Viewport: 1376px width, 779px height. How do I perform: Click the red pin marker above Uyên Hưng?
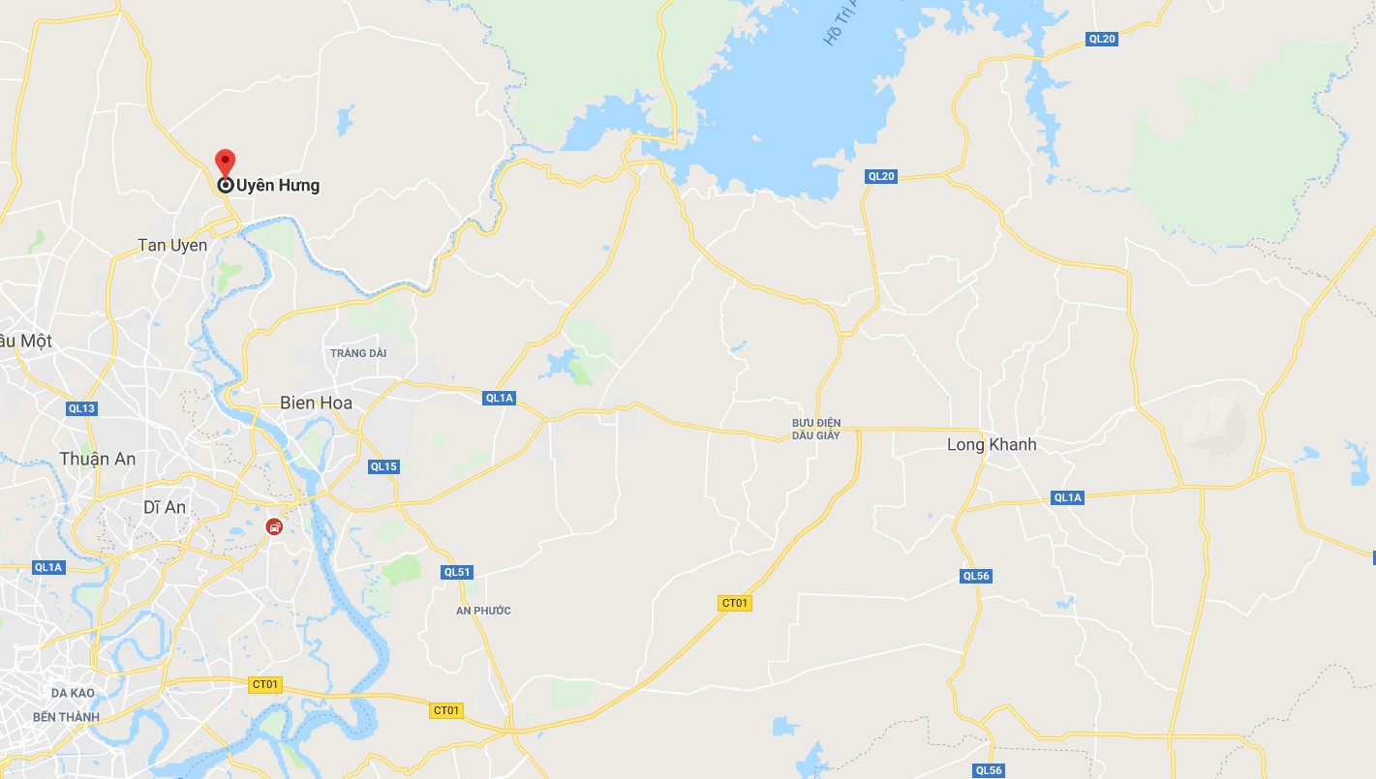(x=225, y=161)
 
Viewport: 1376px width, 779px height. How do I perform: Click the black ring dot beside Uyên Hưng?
(x=225, y=185)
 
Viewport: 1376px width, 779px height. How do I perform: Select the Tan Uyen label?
(x=172, y=245)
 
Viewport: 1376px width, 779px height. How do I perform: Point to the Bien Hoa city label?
(x=316, y=403)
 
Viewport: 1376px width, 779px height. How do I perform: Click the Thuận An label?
(x=97, y=459)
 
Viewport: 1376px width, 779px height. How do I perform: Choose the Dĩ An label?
(x=164, y=506)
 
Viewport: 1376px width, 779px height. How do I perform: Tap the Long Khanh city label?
(x=992, y=444)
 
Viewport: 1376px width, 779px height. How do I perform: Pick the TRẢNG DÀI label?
(x=358, y=353)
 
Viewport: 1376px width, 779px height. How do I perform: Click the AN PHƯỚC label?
(x=483, y=611)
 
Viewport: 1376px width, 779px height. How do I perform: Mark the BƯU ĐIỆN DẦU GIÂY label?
(x=816, y=429)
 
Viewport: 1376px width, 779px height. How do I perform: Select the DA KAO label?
(x=73, y=693)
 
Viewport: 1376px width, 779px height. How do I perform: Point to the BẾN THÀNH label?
(x=66, y=717)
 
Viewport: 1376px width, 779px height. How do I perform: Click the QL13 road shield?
(x=82, y=408)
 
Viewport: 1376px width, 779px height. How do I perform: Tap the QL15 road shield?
(x=383, y=466)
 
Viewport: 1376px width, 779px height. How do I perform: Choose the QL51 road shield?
(x=457, y=572)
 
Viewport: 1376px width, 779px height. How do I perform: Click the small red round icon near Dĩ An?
(x=275, y=527)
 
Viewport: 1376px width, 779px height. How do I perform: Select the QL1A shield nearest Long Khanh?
(x=1067, y=497)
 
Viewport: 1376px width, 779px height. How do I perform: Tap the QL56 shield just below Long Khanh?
(x=976, y=576)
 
